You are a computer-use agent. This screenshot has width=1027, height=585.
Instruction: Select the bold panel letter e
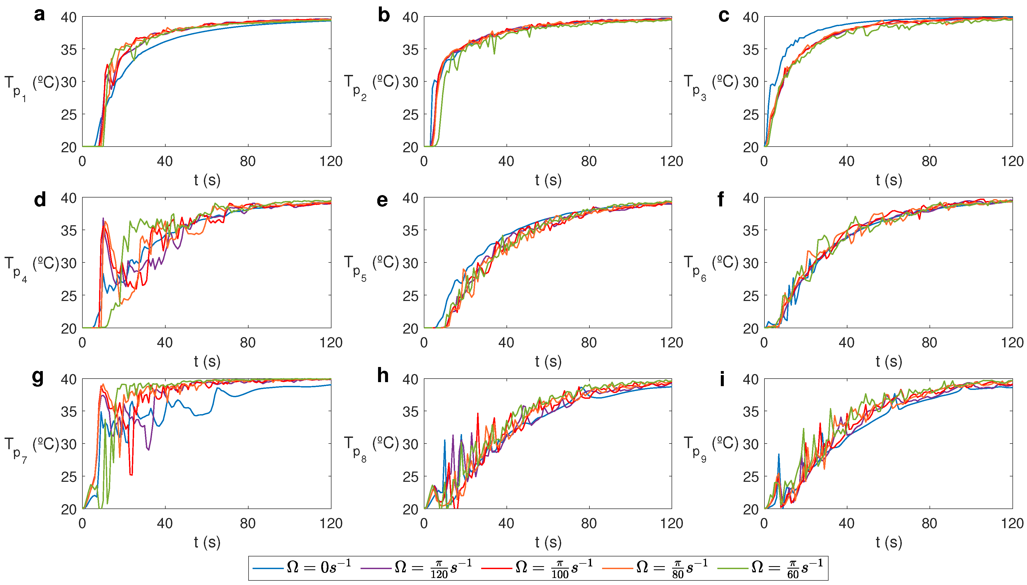[382, 200]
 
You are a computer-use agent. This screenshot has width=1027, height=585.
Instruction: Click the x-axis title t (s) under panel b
[548, 180]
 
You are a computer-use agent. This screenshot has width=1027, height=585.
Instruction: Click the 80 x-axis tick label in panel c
[929, 161]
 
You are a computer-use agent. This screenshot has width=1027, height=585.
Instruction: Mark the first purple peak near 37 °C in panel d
[103, 219]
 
